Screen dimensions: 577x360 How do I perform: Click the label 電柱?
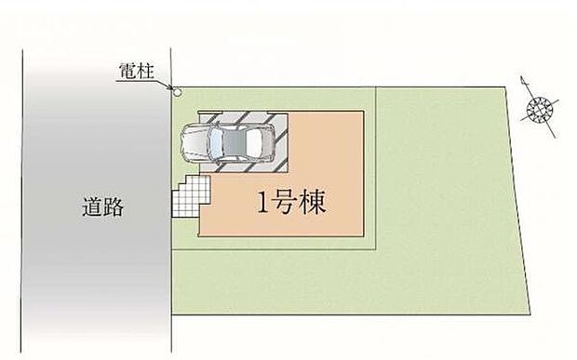tap(138, 71)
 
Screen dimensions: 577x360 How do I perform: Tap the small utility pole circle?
tap(176, 91)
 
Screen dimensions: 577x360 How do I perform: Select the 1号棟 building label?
tap(292, 204)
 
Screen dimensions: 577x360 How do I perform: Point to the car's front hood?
tap(193, 143)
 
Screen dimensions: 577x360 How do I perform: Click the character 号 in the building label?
tap(289, 204)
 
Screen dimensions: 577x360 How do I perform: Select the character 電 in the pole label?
tap(128, 71)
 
